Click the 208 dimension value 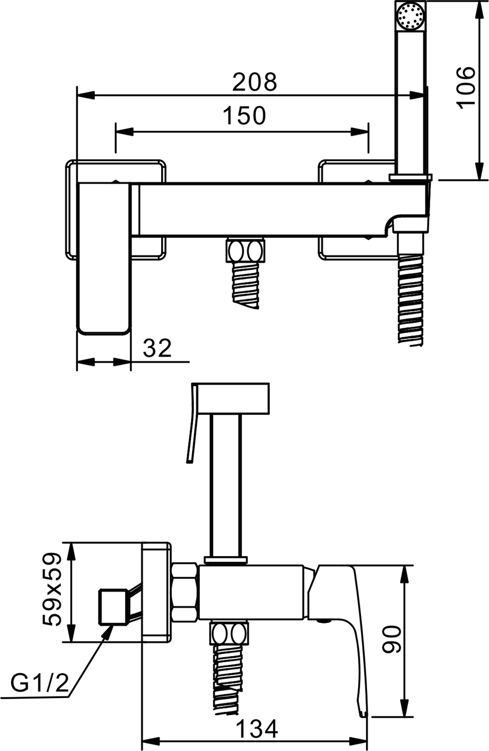pyautogui.click(x=254, y=82)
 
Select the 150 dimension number pyautogui.click(x=244, y=115)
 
